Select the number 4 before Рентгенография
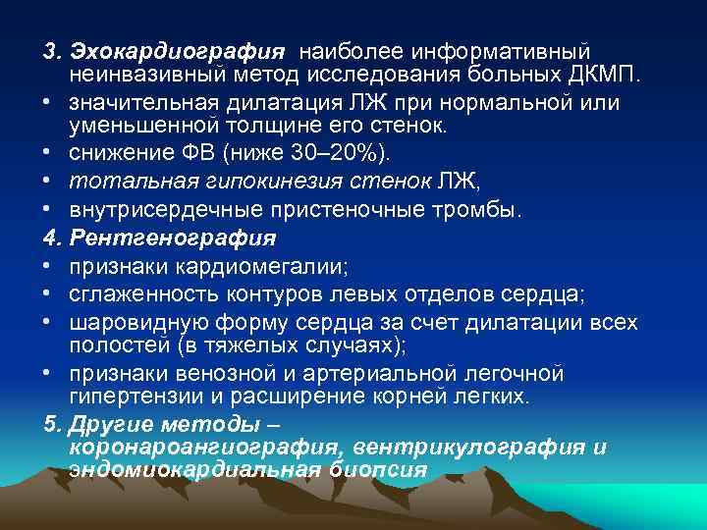pos(50,238)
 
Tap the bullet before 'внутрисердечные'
pos(49,210)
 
